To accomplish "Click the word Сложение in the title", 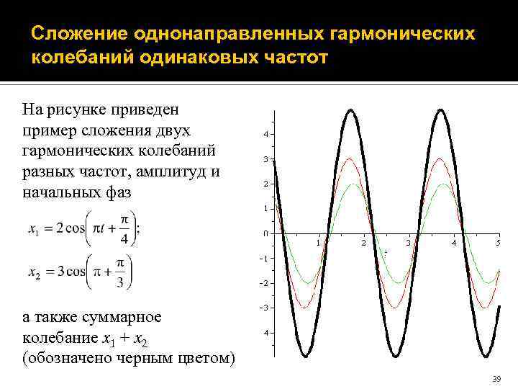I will (x=78, y=35).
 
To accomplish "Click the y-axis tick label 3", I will (x=266, y=159).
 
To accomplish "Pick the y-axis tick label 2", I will (x=266, y=184).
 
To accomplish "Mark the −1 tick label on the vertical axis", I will (x=265, y=259).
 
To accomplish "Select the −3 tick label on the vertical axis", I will (x=265, y=308).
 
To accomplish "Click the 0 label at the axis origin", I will (x=266, y=234).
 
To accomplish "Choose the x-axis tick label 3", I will (x=408, y=243).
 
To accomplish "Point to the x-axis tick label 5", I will (x=498, y=243).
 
